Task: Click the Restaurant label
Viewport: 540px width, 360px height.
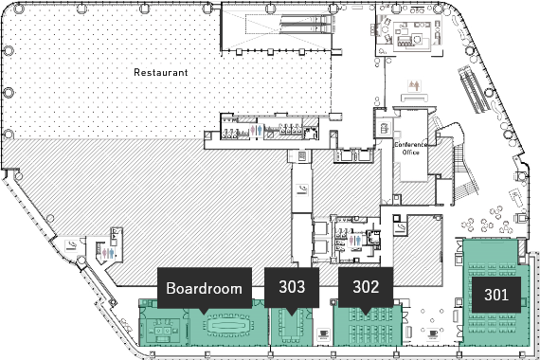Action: point(161,72)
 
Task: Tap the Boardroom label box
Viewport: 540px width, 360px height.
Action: point(205,288)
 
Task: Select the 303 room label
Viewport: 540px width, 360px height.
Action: point(292,287)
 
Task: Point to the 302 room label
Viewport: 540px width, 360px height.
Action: point(366,287)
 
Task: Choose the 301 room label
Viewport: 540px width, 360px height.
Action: point(495,295)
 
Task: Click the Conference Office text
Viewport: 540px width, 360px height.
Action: point(411,148)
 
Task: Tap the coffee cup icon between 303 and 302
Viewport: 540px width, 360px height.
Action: point(323,333)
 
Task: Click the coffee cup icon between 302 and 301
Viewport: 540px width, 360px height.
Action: point(433,333)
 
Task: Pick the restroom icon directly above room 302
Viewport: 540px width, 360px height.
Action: point(354,240)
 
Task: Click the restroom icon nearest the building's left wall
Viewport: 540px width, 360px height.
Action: point(108,253)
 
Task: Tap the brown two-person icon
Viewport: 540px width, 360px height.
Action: point(414,85)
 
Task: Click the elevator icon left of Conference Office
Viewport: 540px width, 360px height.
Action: point(384,129)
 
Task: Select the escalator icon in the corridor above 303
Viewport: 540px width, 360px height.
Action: point(302,189)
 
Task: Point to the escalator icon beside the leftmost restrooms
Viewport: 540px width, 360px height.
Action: point(71,245)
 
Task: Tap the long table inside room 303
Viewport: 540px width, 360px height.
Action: point(292,326)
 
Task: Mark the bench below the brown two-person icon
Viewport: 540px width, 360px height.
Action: point(414,98)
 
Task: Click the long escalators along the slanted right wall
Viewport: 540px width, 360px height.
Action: point(474,89)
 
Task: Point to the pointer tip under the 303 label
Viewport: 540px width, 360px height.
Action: point(292,315)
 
